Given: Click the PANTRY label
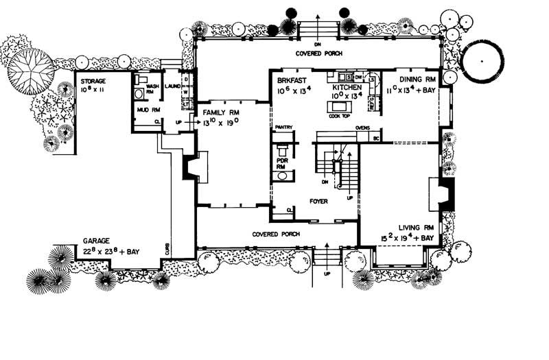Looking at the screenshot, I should pyautogui.click(x=283, y=128).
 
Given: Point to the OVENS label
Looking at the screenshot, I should pyautogui.click(x=363, y=128).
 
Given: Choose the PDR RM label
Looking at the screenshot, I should pyautogui.click(x=281, y=163).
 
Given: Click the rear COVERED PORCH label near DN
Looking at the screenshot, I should pyautogui.click(x=318, y=53).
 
